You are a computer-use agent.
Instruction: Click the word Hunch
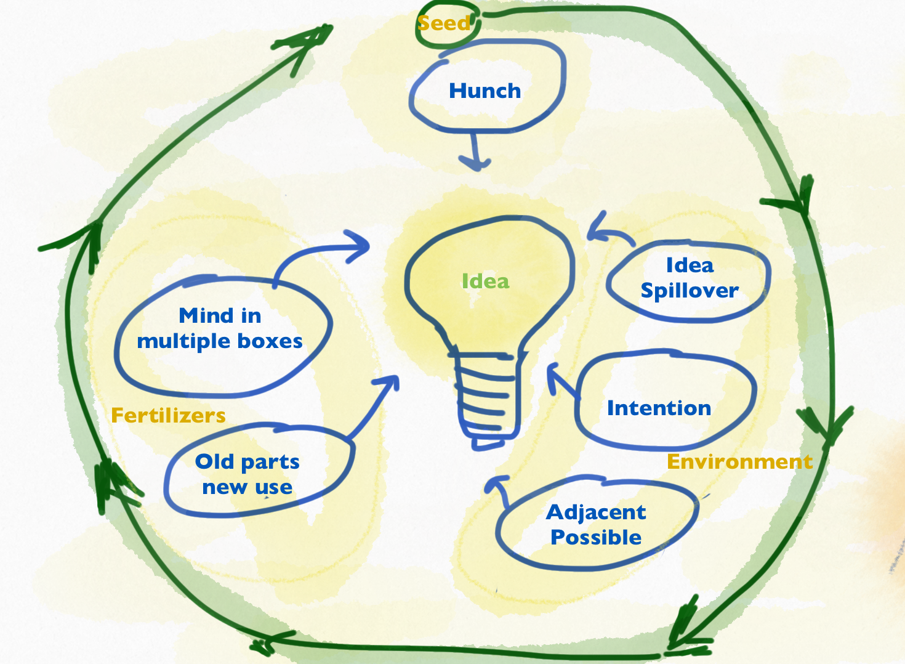[x=485, y=91]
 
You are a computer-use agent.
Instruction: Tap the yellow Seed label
[x=443, y=23]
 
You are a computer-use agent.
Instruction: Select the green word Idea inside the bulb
[x=485, y=281]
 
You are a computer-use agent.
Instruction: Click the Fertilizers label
[x=168, y=416]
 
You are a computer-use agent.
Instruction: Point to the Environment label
[x=739, y=462]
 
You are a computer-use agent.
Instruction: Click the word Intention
[x=659, y=408]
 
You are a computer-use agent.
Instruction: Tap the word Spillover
[x=690, y=291]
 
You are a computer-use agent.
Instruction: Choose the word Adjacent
[x=596, y=512]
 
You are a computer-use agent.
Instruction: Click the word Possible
[x=596, y=537]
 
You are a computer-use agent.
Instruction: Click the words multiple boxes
[x=220, y=341]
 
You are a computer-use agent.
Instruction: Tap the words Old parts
[x=247, y=461]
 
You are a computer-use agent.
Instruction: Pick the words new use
[x=247, y=487]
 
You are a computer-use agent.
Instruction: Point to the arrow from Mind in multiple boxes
[x=326, y=250]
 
